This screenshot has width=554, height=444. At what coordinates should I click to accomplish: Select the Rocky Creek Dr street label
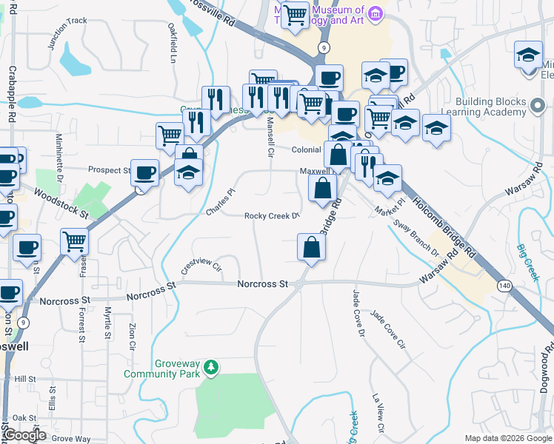click(272, 216)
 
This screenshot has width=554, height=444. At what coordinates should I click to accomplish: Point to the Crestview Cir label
click(202, 266)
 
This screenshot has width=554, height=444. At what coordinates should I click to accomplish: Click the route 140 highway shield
click(505, 285)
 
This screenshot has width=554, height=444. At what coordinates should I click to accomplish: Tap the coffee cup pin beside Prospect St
click(144, 172)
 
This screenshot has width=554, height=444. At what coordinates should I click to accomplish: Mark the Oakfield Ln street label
click(172, 46)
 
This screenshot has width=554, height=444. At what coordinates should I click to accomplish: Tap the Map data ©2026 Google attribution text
click(507, 438)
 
